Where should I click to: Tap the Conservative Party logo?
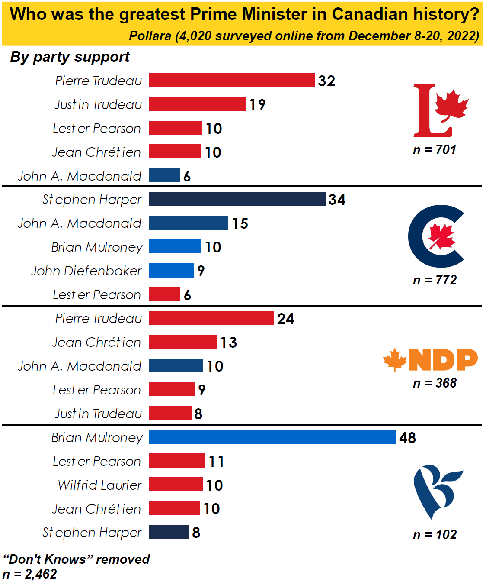click(x=436, y=236)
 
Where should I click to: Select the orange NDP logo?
click(x=430, y=360)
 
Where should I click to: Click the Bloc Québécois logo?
click(x=437, y=491)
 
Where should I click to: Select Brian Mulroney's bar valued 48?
click(x=272, y=437)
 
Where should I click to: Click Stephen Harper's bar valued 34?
click(x=237, y=199)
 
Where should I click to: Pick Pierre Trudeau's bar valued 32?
click(x=232, y=80)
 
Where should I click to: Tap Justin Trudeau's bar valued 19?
click(x=198, y=104)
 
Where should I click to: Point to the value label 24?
click(x=285, y=319)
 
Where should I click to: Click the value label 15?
click(x=240, y=223)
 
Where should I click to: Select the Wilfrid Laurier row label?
click(x=99, y=485)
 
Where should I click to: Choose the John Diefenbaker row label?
click(x=86, y=271)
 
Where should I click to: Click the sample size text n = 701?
click(x=435, y=150)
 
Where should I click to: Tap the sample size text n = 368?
click(x=435, y=383)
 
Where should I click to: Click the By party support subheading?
click(x=70, y=57)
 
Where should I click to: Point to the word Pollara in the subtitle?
click(x=150, y=36)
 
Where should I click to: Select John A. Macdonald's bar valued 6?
click(x=164, y=175)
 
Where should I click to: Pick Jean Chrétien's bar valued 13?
click(x=183, y=342)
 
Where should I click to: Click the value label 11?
click(x=216, y=462)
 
